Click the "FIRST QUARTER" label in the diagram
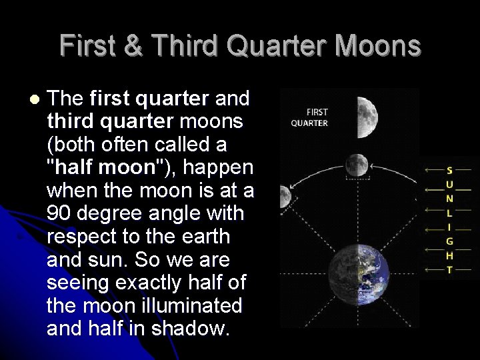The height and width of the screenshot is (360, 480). click(309, 118)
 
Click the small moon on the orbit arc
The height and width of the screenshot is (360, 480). click(357, 163)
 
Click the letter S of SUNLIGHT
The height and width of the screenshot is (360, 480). click(449, 171)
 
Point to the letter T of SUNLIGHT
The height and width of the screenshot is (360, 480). click(449, 270)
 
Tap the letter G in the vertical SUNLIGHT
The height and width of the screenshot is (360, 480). click(449, 241)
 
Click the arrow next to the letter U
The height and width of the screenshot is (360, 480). click(434, 185)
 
